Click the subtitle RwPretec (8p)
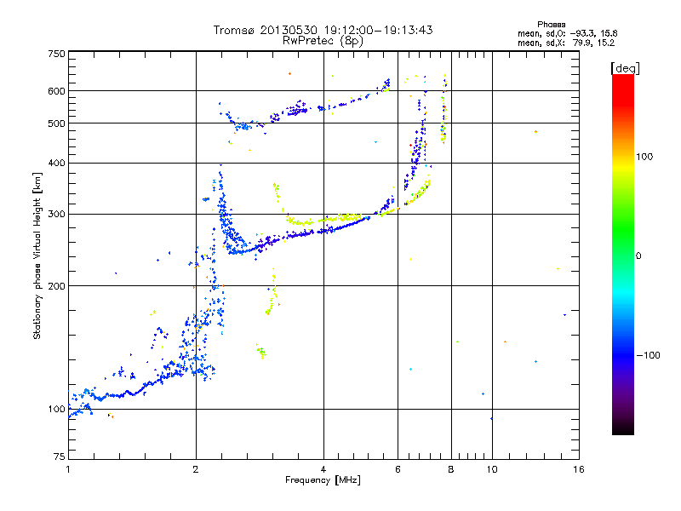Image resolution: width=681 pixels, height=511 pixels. pyautogui.click(x=323, y=40)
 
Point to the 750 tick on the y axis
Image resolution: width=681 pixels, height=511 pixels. pyautogui.click(x=56, y=54)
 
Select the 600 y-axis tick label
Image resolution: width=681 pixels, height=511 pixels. pyautogui.click(x=56, y=91)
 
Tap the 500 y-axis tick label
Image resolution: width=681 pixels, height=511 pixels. pyautogui.click(x=56, y=123)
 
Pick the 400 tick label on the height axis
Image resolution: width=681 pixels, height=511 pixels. pyautogui.click(x=56, y=163)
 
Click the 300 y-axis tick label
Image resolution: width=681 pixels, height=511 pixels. pyautogui.click(x=56, y=214)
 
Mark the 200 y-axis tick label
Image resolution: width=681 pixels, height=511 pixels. pyautogui.click(x=56, y=286)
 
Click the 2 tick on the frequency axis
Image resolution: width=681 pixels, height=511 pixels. pyautogui.click(x=196, y=469)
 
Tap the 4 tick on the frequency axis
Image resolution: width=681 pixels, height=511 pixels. pyautogui.click(x=323, y=469)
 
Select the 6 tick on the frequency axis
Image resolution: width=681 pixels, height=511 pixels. pyautogui.click(x=398, y=469)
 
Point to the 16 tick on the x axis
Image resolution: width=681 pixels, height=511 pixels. pyautogui.click(x=578, y=469)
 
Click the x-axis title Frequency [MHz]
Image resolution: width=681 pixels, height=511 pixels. pyautogui.click(x=323, y=481)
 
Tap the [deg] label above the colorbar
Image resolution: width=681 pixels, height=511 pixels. pyautogui.click(x=626, y=67)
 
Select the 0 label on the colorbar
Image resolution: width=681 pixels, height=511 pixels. pyautogui.click(x=638, y=255)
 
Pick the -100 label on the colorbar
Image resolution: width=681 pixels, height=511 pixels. pyautogui.click(x=648, y=355)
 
